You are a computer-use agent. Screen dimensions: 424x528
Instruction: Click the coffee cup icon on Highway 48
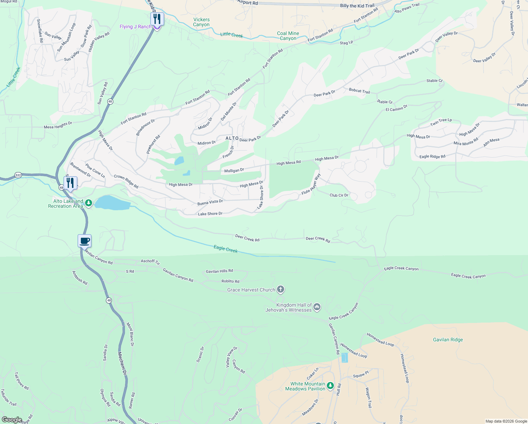point(84,241)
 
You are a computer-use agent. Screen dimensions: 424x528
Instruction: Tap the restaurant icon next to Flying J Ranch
point(157,19)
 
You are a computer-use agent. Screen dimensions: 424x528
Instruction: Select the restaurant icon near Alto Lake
point(70,183)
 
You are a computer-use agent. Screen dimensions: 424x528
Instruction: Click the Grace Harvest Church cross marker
point(281,290)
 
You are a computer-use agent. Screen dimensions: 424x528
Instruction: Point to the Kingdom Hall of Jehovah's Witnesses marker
point(317,307)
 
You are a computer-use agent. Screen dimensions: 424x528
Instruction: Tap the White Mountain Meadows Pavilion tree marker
point(330,386)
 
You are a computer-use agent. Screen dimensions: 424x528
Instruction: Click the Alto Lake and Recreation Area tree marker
point(89,203)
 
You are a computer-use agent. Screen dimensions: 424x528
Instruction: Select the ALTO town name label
point(232,138)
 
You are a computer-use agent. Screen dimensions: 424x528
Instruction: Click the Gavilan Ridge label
point(448,340)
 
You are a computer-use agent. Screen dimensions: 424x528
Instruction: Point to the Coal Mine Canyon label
point(288,36)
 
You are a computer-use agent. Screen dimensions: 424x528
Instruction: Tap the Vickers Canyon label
point(201,22)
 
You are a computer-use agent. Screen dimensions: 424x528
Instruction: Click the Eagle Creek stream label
point(226,249)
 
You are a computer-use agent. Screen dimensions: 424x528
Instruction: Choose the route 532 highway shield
point(18,175)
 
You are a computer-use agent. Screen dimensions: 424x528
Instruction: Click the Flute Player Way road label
point(311,184)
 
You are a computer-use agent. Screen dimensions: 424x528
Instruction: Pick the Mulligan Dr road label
point(234,171)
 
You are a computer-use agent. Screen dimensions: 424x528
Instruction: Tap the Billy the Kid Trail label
point(357,6)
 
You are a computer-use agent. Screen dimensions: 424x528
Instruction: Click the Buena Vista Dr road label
point(210,202)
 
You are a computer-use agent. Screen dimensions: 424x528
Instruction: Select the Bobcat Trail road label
point(359,91)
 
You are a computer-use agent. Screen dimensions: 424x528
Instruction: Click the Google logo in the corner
point(12,419)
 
